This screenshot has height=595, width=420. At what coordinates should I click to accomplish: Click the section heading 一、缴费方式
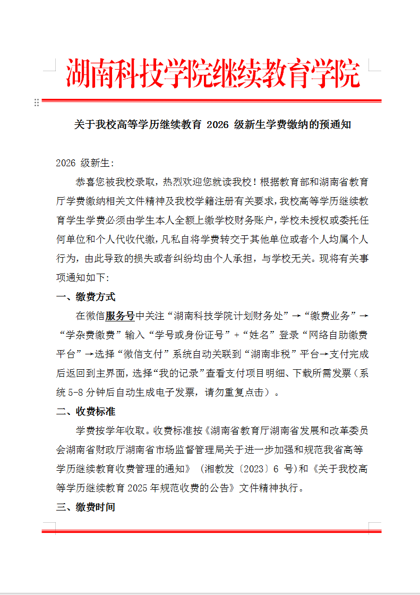click(x=85, y=296)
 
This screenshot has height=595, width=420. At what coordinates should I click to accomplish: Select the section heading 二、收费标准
click(x=85, y=411)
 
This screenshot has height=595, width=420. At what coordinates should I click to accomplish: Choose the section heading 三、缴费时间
click(x=85, y=507)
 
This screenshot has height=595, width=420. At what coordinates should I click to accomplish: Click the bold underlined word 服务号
click(x=119, y=316)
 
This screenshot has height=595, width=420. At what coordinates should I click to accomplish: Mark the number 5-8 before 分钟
click(x=78, y=393)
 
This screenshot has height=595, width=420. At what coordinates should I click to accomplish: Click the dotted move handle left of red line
click(x=37, y=103)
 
